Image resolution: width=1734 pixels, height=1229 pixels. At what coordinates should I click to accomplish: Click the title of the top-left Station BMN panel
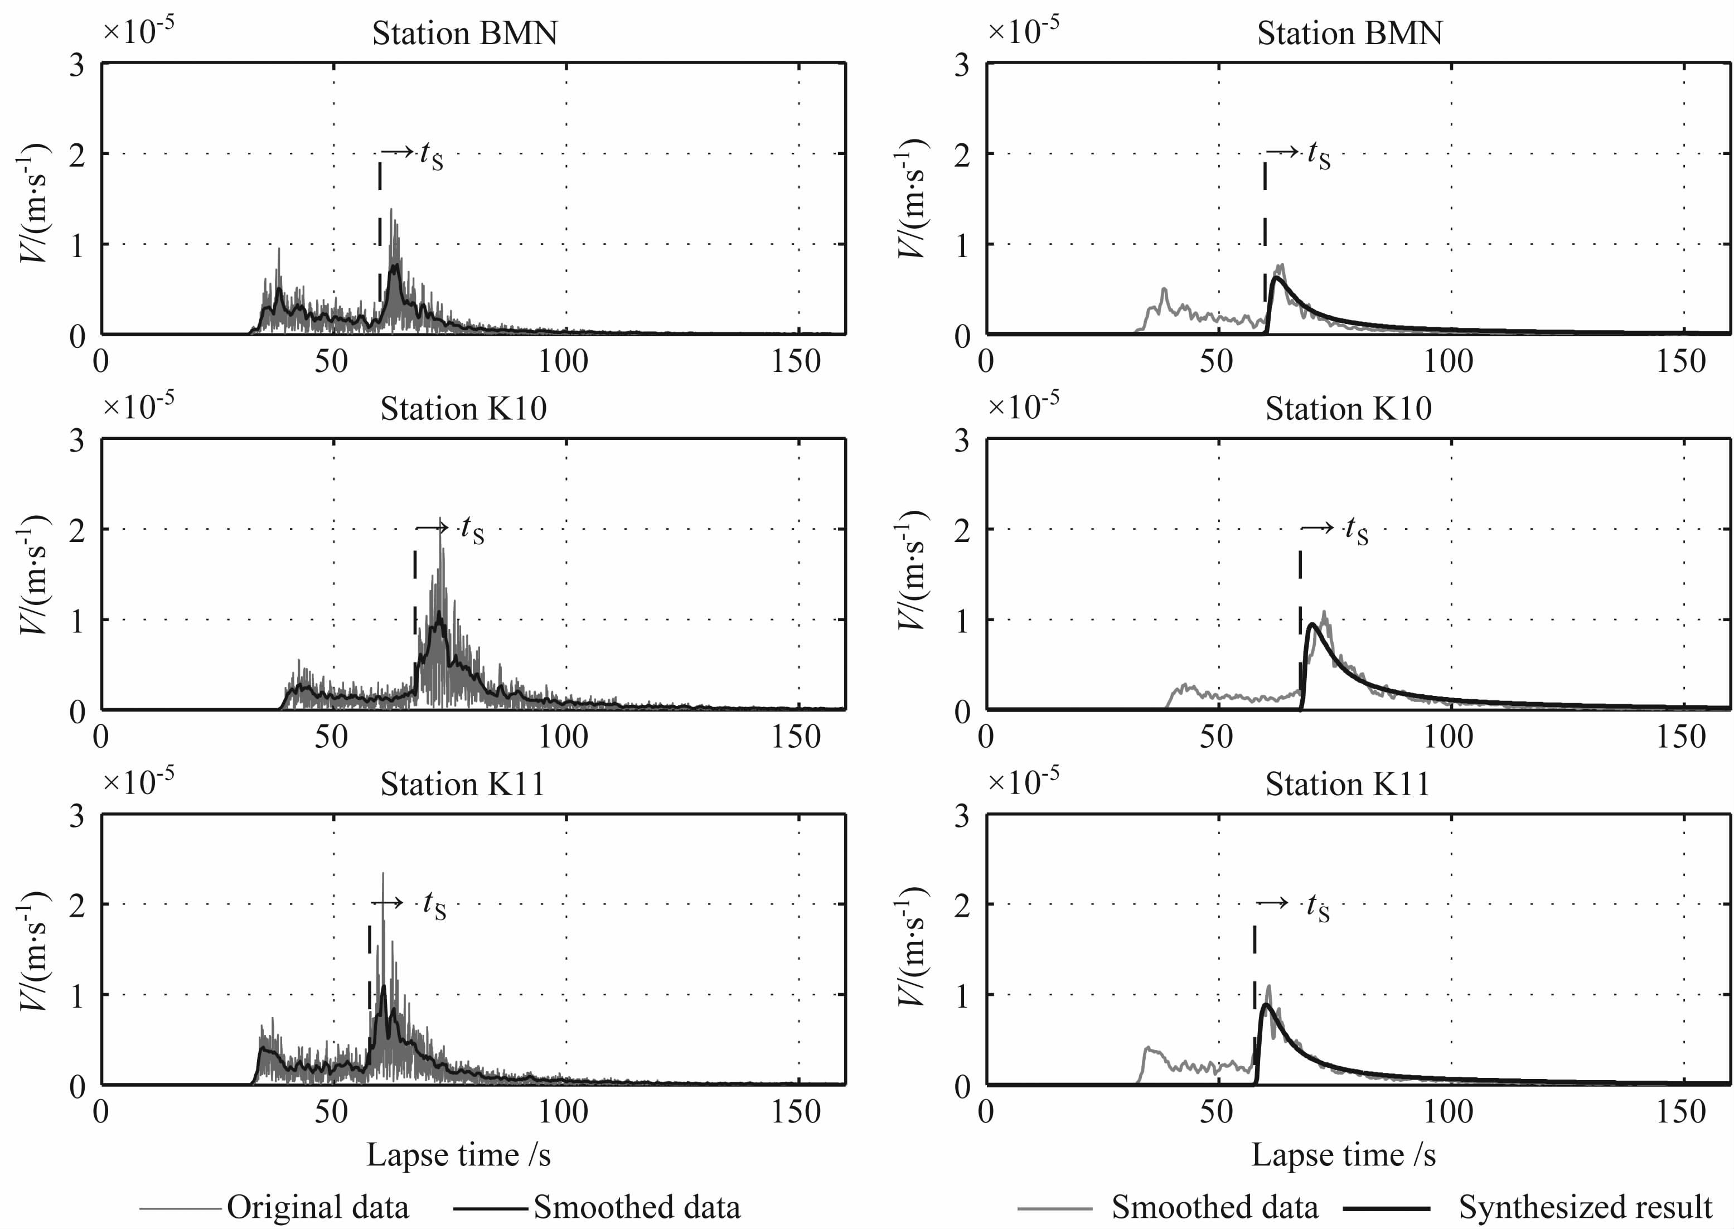coord(464,34)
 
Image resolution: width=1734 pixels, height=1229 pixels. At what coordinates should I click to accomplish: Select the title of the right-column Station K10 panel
coord(1348,409)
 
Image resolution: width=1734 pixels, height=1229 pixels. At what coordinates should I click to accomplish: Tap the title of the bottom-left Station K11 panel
coord(462,784)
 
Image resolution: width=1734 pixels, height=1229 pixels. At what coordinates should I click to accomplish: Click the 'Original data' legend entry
coord(318,1207)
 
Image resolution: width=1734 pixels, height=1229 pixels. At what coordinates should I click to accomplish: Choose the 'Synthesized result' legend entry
coord(1585,1207)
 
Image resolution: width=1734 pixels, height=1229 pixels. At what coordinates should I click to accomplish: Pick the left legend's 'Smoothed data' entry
coord(636,1207)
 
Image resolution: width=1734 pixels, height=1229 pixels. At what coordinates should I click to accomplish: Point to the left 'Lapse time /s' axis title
coord(458,1155)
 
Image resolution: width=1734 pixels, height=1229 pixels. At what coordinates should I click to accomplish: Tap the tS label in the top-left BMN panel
coord(431,156)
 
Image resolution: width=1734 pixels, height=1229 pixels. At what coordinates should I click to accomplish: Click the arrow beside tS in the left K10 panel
coord(433,527)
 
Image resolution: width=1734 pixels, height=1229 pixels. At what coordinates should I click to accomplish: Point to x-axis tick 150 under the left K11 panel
coord(796,1112)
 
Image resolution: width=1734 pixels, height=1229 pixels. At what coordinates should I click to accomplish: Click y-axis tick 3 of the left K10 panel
coord(77,441)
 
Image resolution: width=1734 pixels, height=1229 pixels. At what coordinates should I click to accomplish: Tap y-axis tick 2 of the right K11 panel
coord(962,904)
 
